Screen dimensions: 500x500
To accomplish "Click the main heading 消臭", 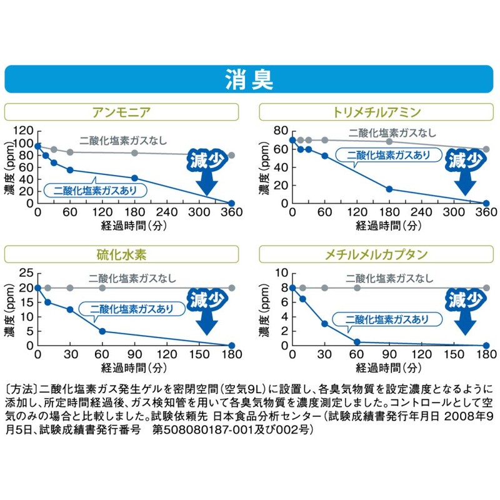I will tap(250, 81).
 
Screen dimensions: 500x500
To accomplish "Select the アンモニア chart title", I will tap(122, 112).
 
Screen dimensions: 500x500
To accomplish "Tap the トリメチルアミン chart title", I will tap(378, 112).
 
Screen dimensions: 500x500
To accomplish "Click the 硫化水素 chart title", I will tap(122, 254).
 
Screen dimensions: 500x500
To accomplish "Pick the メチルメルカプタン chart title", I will tap(378, 254).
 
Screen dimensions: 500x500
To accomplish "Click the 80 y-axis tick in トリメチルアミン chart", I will tap(279, 131).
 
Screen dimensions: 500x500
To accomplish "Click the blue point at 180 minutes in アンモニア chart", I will tap(134, 178).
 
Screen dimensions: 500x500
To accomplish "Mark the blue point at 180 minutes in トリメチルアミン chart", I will tap(389, 189).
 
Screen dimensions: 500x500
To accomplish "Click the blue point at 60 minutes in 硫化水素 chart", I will tap(102, 331).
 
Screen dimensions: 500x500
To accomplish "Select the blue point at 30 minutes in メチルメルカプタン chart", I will tap(324, 324).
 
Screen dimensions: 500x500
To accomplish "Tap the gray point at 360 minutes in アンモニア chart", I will tap(231, 156).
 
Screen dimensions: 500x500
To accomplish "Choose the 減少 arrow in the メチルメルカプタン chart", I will tap(464, 312).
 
